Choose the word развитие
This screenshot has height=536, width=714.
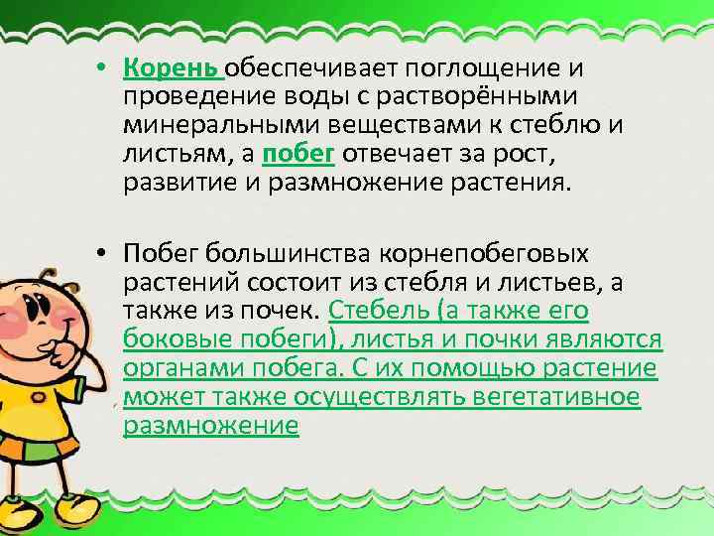coord(176,182)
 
